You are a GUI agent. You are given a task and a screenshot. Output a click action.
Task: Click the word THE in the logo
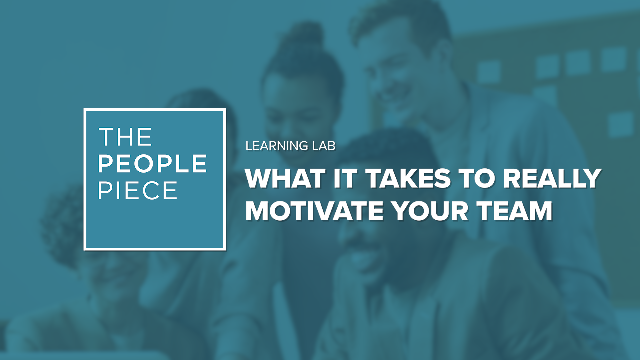click(x=125, y=137)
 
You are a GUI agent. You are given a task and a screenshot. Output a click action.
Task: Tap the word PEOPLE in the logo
click(x=152, y=164)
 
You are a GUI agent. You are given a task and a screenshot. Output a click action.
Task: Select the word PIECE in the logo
click(x=137, y=191)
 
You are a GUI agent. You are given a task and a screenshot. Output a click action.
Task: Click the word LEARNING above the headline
click(x=277, y=146)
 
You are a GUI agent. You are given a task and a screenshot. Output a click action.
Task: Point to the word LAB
click(x=324, y=146)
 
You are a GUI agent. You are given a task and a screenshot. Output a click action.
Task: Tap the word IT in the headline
click(x=345, y=179)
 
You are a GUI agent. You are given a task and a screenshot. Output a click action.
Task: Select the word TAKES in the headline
click(x=409, y=179)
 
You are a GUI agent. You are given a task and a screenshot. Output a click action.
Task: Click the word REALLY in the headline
click(x=552, y=179)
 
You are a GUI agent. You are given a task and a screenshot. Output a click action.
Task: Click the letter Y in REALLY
click(x=591, y=179)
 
